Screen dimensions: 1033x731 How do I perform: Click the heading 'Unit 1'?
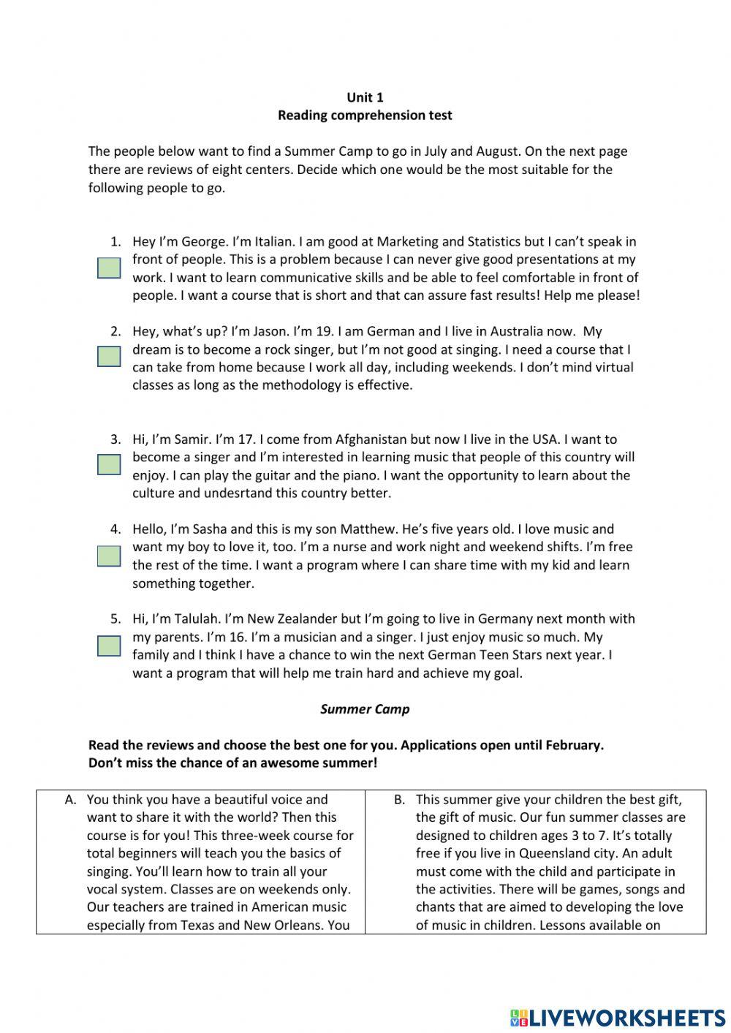click(x=365, y=97)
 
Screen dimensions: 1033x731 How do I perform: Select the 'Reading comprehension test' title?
click(x=365, y=116)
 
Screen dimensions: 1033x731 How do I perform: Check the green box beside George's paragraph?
click(x=109, y=268)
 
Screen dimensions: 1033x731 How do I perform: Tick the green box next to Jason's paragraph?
click(x=109, y=357)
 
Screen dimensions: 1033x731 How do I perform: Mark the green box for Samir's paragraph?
click(x=109, y=464)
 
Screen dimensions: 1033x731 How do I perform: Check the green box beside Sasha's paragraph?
click(x=109, y=556)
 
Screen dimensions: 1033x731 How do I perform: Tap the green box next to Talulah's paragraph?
click(x=109, y=646)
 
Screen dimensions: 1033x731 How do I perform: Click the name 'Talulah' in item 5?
click(x=197, y=619)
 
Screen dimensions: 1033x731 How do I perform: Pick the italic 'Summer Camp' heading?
click(x=365, y=709)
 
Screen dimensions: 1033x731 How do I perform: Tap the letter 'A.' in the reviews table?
click(x=71, y=800)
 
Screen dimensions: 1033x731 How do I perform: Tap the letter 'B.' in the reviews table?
click(x=399, y=800)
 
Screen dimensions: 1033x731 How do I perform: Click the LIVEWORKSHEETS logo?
click(x=618, y=1017)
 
